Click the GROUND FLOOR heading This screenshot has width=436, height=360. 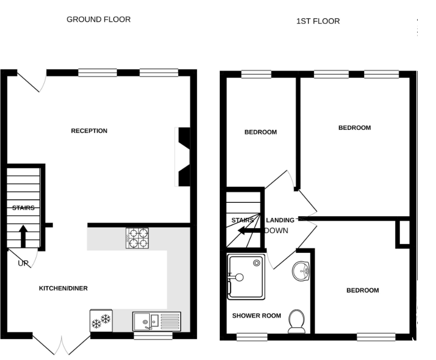click(99, 20)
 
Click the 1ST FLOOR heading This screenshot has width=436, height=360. click(318, 21)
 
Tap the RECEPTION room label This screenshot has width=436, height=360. click(89, 131)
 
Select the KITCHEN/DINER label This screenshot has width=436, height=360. click(63, 288)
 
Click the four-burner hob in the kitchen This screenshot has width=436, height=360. click(137, 238)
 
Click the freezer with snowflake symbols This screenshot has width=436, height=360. click(101, 320)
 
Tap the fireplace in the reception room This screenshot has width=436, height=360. click(184, 156)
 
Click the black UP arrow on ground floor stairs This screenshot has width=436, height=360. click(23, 236)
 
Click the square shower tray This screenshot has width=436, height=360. click(246, 277)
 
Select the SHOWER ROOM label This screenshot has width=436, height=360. click(256, 315)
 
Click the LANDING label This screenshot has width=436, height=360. click(280, 220)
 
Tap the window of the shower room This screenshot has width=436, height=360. click(251, 337)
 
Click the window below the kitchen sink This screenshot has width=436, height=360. click(153, 336)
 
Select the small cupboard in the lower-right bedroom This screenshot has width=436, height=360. click(403, 233)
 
